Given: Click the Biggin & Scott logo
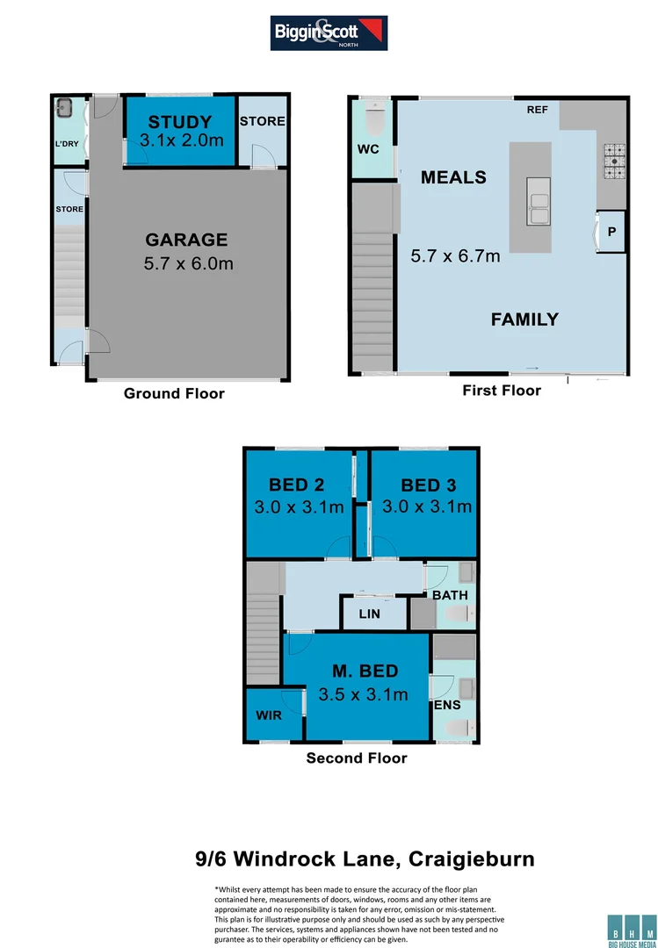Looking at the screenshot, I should pos(329,32).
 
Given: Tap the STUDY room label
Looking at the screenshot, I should pos(179,121).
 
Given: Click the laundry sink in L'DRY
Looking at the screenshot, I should pos(63,110).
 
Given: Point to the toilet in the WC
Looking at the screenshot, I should pos(374,115).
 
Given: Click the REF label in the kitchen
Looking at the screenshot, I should pos(537,110).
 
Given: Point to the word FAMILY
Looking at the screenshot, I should pos(524,320).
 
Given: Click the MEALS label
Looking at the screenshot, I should pos(453,177).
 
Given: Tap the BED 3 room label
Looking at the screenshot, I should pos(428,485).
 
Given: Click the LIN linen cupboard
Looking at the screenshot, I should pos(369,614).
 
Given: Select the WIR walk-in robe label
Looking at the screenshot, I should pos(269,715).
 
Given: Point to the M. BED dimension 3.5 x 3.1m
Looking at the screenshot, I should pos(365,694).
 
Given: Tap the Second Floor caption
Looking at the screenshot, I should pos(357,758).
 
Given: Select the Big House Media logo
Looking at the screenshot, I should pos(631,928).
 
